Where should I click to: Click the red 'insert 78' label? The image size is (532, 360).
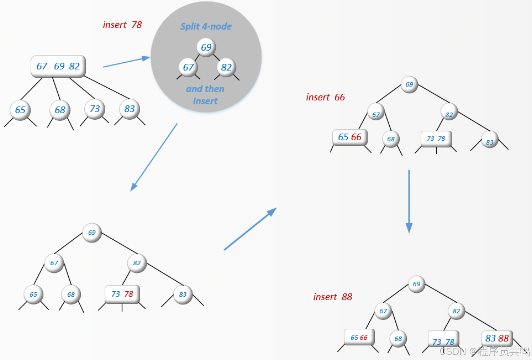(x=122, y=25)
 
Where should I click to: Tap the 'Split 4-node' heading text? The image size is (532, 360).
(x=206, y=26)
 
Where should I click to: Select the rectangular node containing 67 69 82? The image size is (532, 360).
(x=58, y=66)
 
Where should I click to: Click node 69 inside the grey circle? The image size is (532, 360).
(x=206, y=48)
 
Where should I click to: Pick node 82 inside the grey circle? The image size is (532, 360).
(x=226, y=67)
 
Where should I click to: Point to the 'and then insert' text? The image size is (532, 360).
(x=205, y=95)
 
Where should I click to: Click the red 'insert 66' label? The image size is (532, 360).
(x=325, y=97)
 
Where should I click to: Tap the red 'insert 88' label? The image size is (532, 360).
(x=333, y=297)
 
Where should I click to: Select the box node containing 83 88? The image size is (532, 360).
(x=497, y=338)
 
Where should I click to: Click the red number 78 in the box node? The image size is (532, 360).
(x=129, y=294)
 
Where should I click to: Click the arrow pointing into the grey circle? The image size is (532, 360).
(x=126, y=62)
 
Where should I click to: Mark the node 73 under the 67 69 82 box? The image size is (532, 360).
(x=95, y=109)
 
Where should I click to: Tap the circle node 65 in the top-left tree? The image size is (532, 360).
(x=20, y=110)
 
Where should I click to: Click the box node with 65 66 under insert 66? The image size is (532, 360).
(x=349, y=137)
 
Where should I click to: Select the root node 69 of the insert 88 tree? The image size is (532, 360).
(x=416, y=284)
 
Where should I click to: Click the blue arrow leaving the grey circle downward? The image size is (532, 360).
(x=154, y=157)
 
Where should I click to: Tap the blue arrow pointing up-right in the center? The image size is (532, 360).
(x=250, y=229)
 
